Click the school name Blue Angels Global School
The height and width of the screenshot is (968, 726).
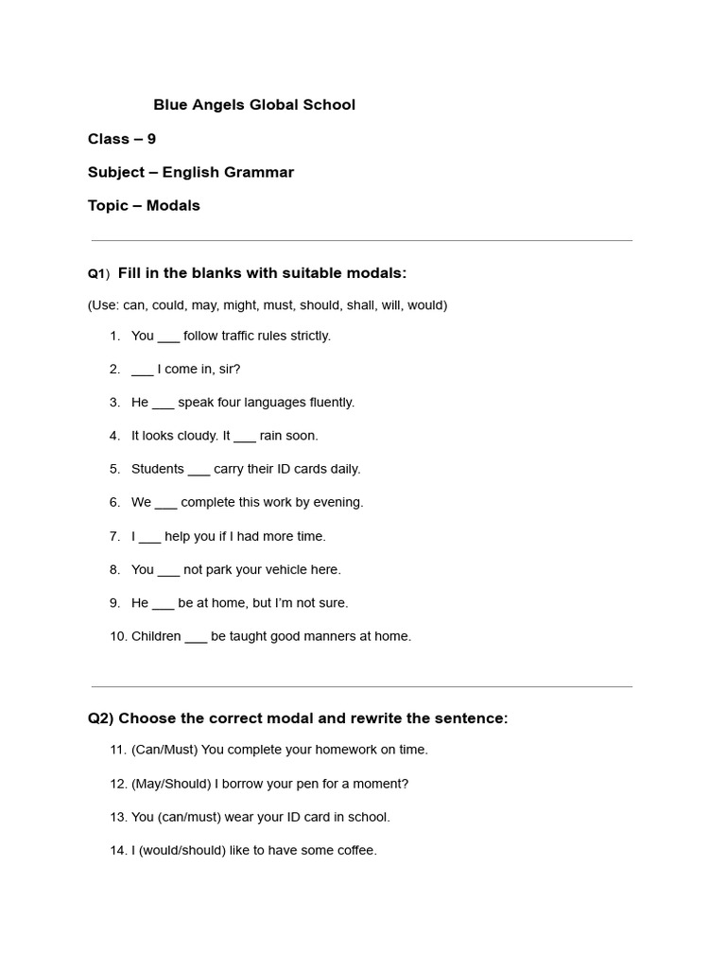coord(254,105)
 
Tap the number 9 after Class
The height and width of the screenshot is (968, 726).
coord(151,139)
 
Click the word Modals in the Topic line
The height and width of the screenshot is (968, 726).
coord(173,205)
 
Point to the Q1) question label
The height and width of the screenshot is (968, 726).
coord(99,274)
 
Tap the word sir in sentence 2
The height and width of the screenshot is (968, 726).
coord(230,369)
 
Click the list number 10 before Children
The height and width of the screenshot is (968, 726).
coord(118,636)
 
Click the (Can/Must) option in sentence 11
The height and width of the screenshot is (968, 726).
coord(164,750)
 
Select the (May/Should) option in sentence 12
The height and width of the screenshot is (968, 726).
coord(171,784)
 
